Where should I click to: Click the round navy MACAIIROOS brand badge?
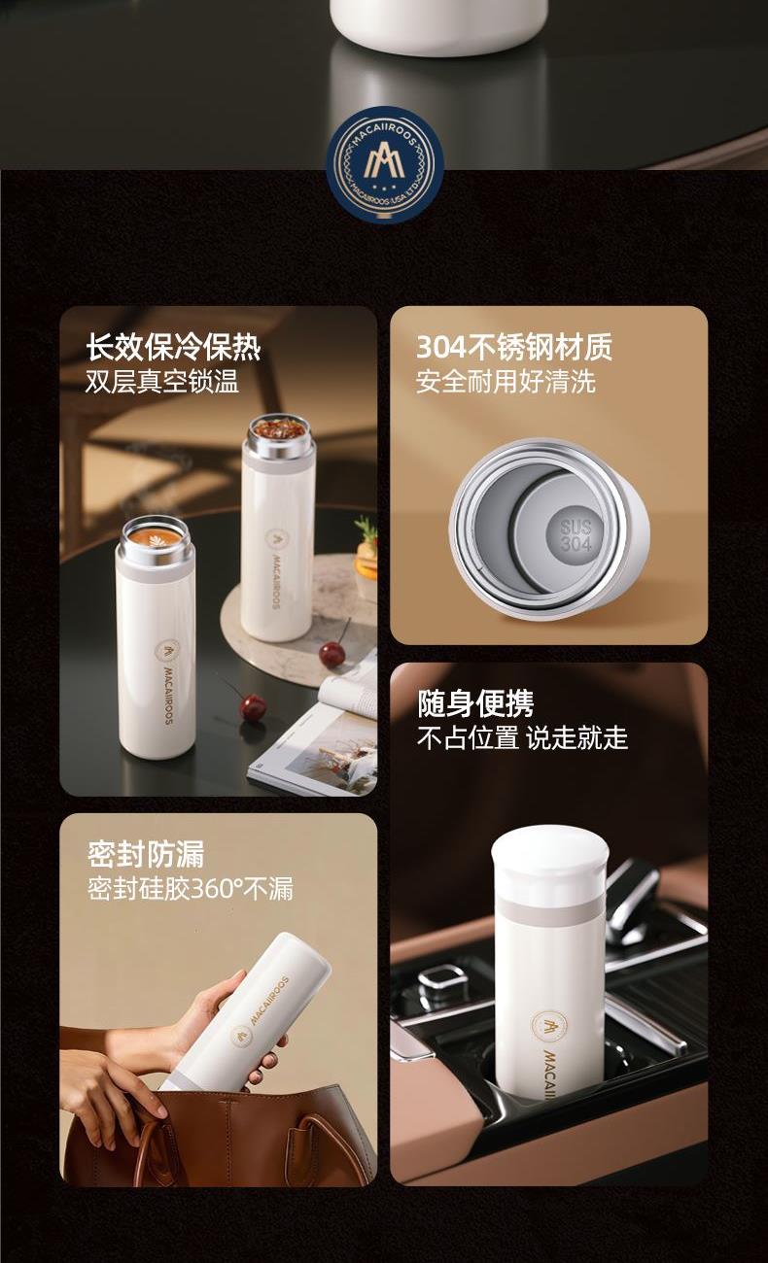(x=385, y=164)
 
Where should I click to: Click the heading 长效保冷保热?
(x=173, y=347)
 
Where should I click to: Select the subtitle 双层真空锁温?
(x=162, y=381)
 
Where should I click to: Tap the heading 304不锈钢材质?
(x=514, y=347)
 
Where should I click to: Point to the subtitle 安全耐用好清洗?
(x=506, y=381)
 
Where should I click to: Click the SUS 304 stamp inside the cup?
(x=576, y=534)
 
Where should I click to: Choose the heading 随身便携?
(x=475, y=703)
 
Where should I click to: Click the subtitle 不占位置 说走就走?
(x=523, y=737)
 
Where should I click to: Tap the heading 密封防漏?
(x=146, y=854)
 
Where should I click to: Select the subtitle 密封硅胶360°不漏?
(x=191, y=889)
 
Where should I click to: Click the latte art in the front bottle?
(x=155, y=538)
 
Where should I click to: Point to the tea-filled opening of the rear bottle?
(x=280, y=427)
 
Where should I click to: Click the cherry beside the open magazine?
(x=252, y=707)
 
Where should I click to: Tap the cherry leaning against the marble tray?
(x=332, y=655)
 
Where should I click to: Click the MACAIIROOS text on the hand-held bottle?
(x=269, y=999)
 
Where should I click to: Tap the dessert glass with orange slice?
(x=367, y=556)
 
